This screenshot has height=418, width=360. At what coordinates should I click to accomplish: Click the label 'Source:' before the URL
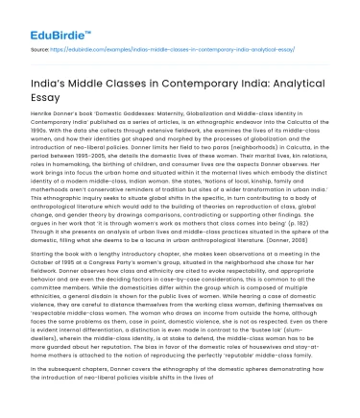41,46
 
